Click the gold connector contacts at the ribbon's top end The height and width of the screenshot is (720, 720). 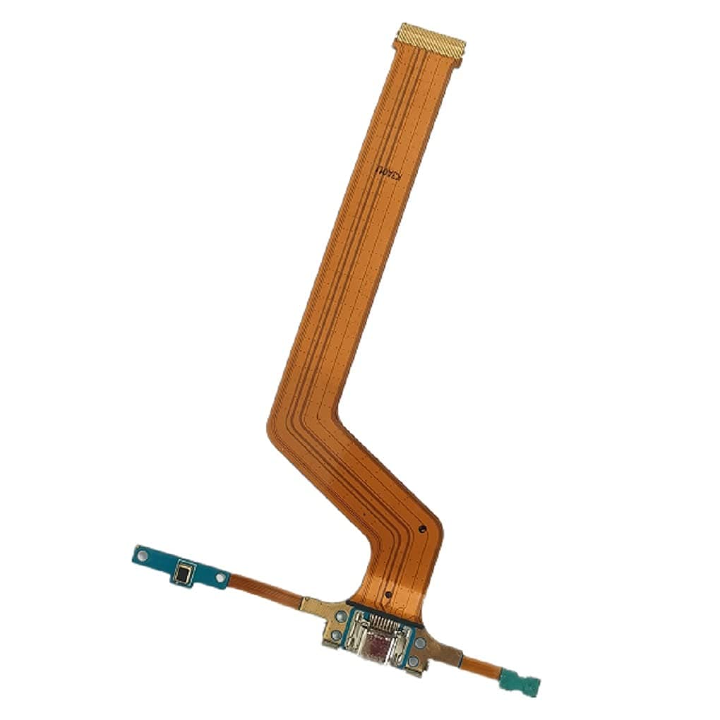click(430, 40)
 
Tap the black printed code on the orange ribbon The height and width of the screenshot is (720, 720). click(389, 171)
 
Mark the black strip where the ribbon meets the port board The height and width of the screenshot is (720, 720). click(385, 605)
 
